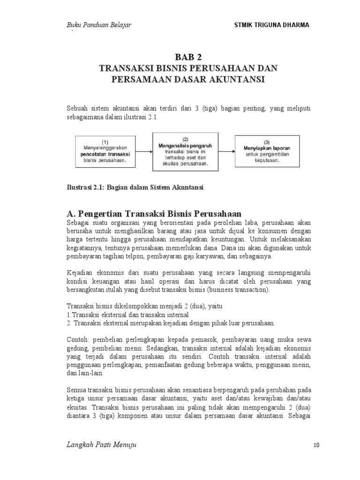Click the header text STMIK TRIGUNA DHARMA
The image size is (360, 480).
pyautogui.click(x=271, y=25)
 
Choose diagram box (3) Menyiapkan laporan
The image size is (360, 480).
pyautogui.click(x=266, y=150)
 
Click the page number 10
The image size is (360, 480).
pyautogui.click(x=316, y=445)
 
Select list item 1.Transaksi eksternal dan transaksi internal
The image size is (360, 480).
pyautogui.click(x=128, y=315)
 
